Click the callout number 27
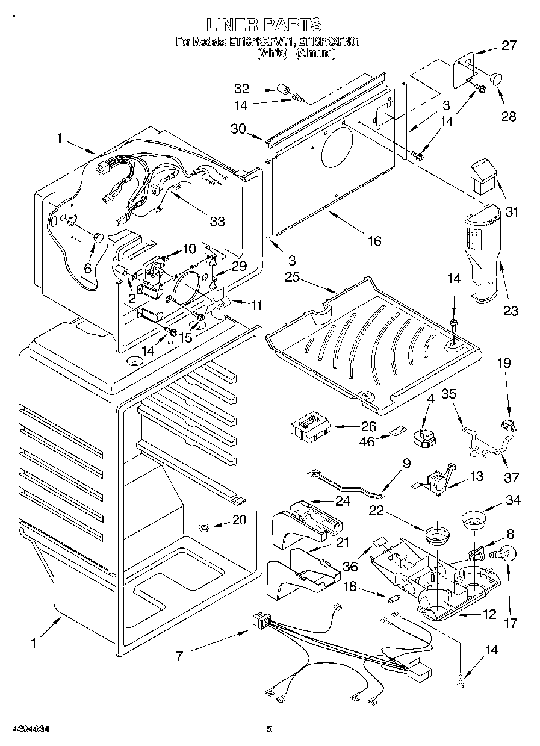coord(509,46)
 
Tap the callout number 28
coord(509,116)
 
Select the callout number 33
coord(217,222)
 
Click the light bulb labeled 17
coord(503,553)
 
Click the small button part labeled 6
coord(98,237)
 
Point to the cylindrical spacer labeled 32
coord(281,90)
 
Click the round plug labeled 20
coord(205,528)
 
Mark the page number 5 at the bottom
coord(270,729)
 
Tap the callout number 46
coord(367,442)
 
